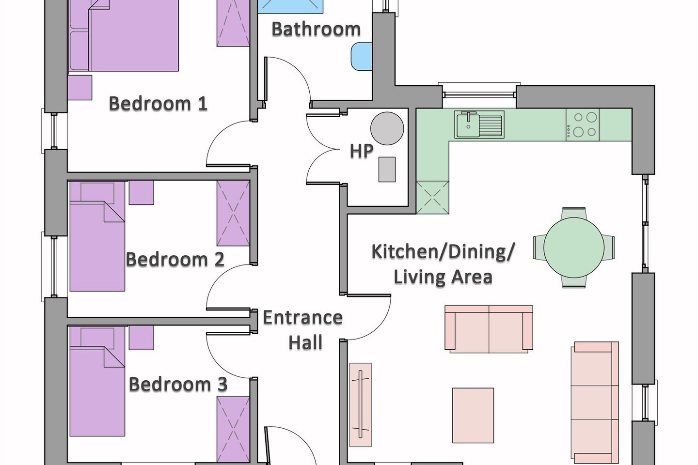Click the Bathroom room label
point(316,29)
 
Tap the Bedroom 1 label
point(158,103)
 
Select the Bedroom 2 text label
point(175,259)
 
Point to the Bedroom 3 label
point(178,384)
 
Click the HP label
point(362,151)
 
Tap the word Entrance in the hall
point(303,317)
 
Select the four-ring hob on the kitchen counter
point(583,124)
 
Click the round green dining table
point(574,248)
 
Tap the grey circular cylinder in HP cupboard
point(387,128)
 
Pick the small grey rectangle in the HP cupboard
point(387,170)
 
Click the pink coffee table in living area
point(473,415)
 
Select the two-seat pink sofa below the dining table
point(489,329)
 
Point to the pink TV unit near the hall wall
point(361,404)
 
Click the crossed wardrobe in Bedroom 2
point(234,213)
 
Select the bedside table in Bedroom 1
point(80,88)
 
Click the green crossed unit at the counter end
point(432,198)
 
